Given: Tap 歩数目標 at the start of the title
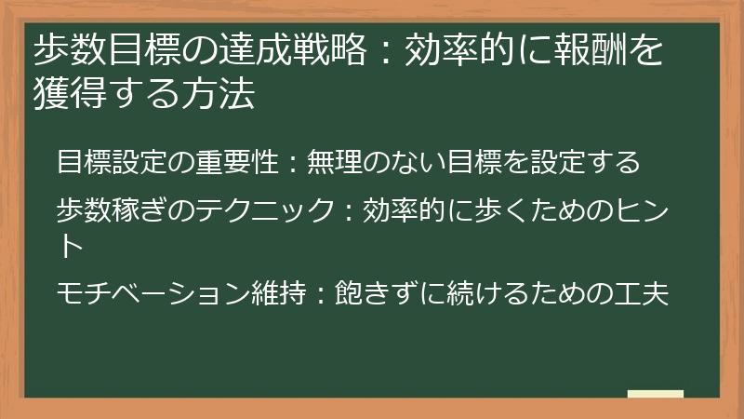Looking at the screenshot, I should (103, 51).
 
